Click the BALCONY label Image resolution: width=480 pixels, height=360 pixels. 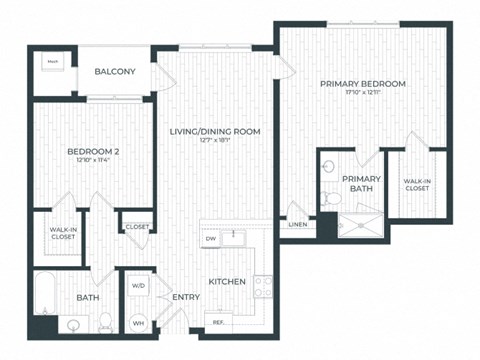tap(116, 72)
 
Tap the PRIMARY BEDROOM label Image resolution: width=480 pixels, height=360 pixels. tap(363, 84)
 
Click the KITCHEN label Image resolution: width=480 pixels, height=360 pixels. tap(227, 282)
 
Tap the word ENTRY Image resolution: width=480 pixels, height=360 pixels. tap(186, 297)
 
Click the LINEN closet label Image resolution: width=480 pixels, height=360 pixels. tap(297, 224)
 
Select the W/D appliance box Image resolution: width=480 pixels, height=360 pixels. tap(138, 286)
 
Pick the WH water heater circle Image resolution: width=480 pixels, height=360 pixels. tap(138, 322)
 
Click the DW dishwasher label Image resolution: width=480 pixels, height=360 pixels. tap(211, 239)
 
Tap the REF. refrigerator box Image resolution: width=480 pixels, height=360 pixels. tap(217, 321)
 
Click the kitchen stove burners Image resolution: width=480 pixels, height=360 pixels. tap(264, 287)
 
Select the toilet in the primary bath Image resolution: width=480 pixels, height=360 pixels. tap(333, 199)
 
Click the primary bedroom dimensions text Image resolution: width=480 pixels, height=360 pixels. tap(363, 93)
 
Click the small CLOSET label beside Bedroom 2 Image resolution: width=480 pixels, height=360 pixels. tap(137, 227)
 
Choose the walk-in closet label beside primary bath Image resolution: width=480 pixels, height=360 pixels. tap(418, 185)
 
